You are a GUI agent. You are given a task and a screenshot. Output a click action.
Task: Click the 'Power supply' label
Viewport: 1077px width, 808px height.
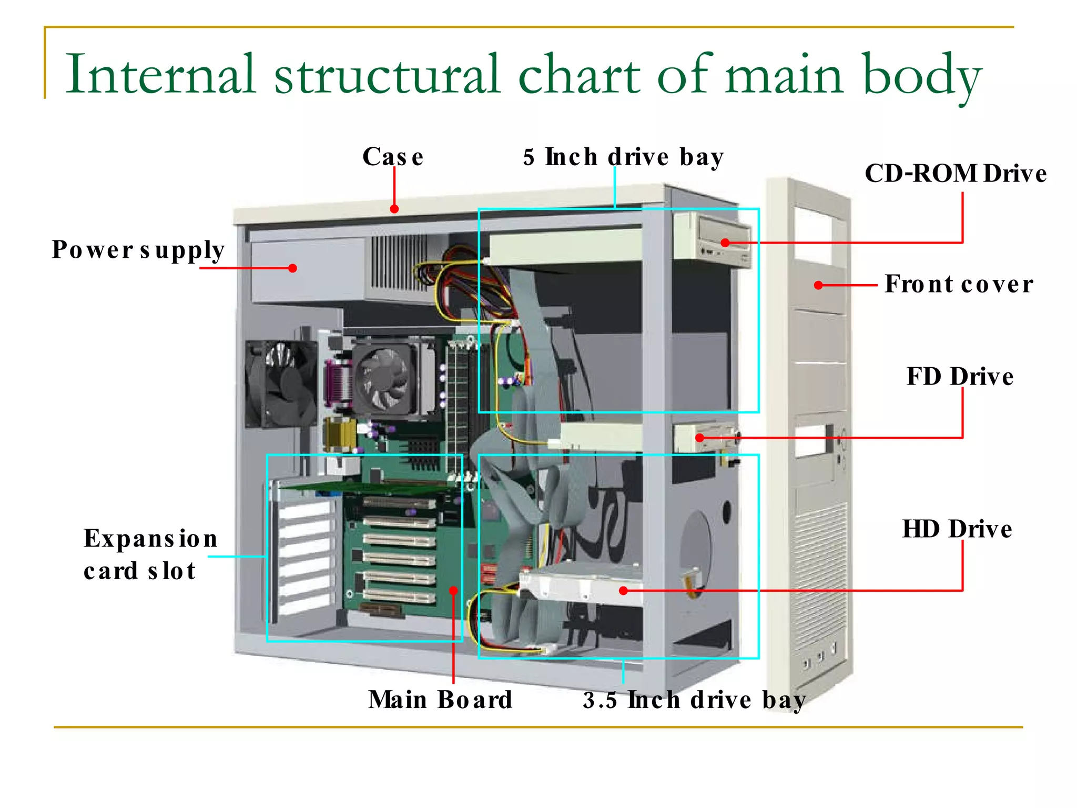pyautogui.click(x=138, y=250)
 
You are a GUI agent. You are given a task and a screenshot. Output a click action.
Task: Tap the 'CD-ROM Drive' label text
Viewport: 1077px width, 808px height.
pyautogui.click(x=955, y=174)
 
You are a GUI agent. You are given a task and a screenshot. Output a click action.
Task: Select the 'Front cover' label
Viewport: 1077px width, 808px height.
pyautogui.click(x=958, y=285)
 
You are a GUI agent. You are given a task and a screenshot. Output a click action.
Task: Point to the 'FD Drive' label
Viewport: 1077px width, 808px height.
pyautogui.click(x=960, y=377)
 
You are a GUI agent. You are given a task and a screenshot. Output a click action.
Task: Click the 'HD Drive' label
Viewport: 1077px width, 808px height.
pyautogui.click(x=957, y=529)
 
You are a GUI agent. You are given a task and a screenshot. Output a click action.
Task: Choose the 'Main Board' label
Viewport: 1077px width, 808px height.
pyautogui.click(x=440, y=700)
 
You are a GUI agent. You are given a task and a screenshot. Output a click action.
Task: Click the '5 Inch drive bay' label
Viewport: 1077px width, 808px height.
pyautogui.click(x=623, y=157)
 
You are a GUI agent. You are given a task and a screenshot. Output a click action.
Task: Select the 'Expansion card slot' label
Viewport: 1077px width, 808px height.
pyautogui.click(x=150, y=554)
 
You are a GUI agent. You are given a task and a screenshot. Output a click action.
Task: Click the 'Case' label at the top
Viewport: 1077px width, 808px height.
pyautogui.click(x=393, y=157)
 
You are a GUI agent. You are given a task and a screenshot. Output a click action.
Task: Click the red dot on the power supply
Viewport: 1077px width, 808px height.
pyautogui.click(x=293, y=268)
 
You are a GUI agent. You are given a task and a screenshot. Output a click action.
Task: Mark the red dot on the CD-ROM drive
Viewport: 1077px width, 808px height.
pyautogui.click(x=725, y=243)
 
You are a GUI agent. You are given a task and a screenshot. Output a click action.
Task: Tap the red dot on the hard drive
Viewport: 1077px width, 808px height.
pyautogui.click(x=623, y=591)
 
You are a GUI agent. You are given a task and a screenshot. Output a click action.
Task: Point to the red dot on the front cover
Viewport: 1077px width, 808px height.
pyautogui.click(x=818, y=285)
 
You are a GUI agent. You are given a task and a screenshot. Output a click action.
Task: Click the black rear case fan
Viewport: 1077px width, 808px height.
pyautogui.click(x=280, y=384)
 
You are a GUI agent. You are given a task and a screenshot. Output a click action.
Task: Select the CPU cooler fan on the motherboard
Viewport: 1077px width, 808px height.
pyautogui.click(x=385, y=379)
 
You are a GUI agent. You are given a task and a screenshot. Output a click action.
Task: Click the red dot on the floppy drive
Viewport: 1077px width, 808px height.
pyautogui.click(x=699, y=438)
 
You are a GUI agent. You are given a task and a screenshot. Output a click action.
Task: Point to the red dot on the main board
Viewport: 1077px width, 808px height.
pyautogui.click(x=453, y=591)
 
